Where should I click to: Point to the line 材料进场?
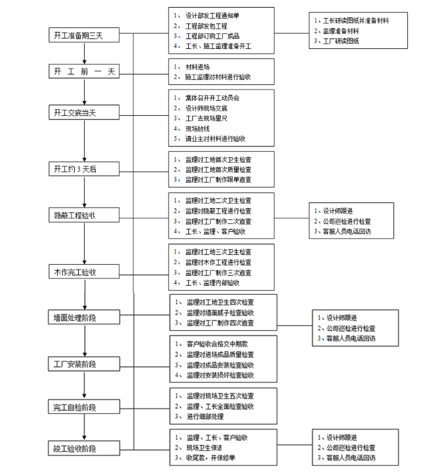(x=198, y=67)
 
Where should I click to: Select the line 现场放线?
(x=198, y=128)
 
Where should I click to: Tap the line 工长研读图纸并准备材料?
(x=352, y=20)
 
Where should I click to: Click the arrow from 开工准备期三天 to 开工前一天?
(x=84, y=54)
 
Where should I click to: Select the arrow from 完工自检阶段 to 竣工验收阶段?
(x=84, y=428)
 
